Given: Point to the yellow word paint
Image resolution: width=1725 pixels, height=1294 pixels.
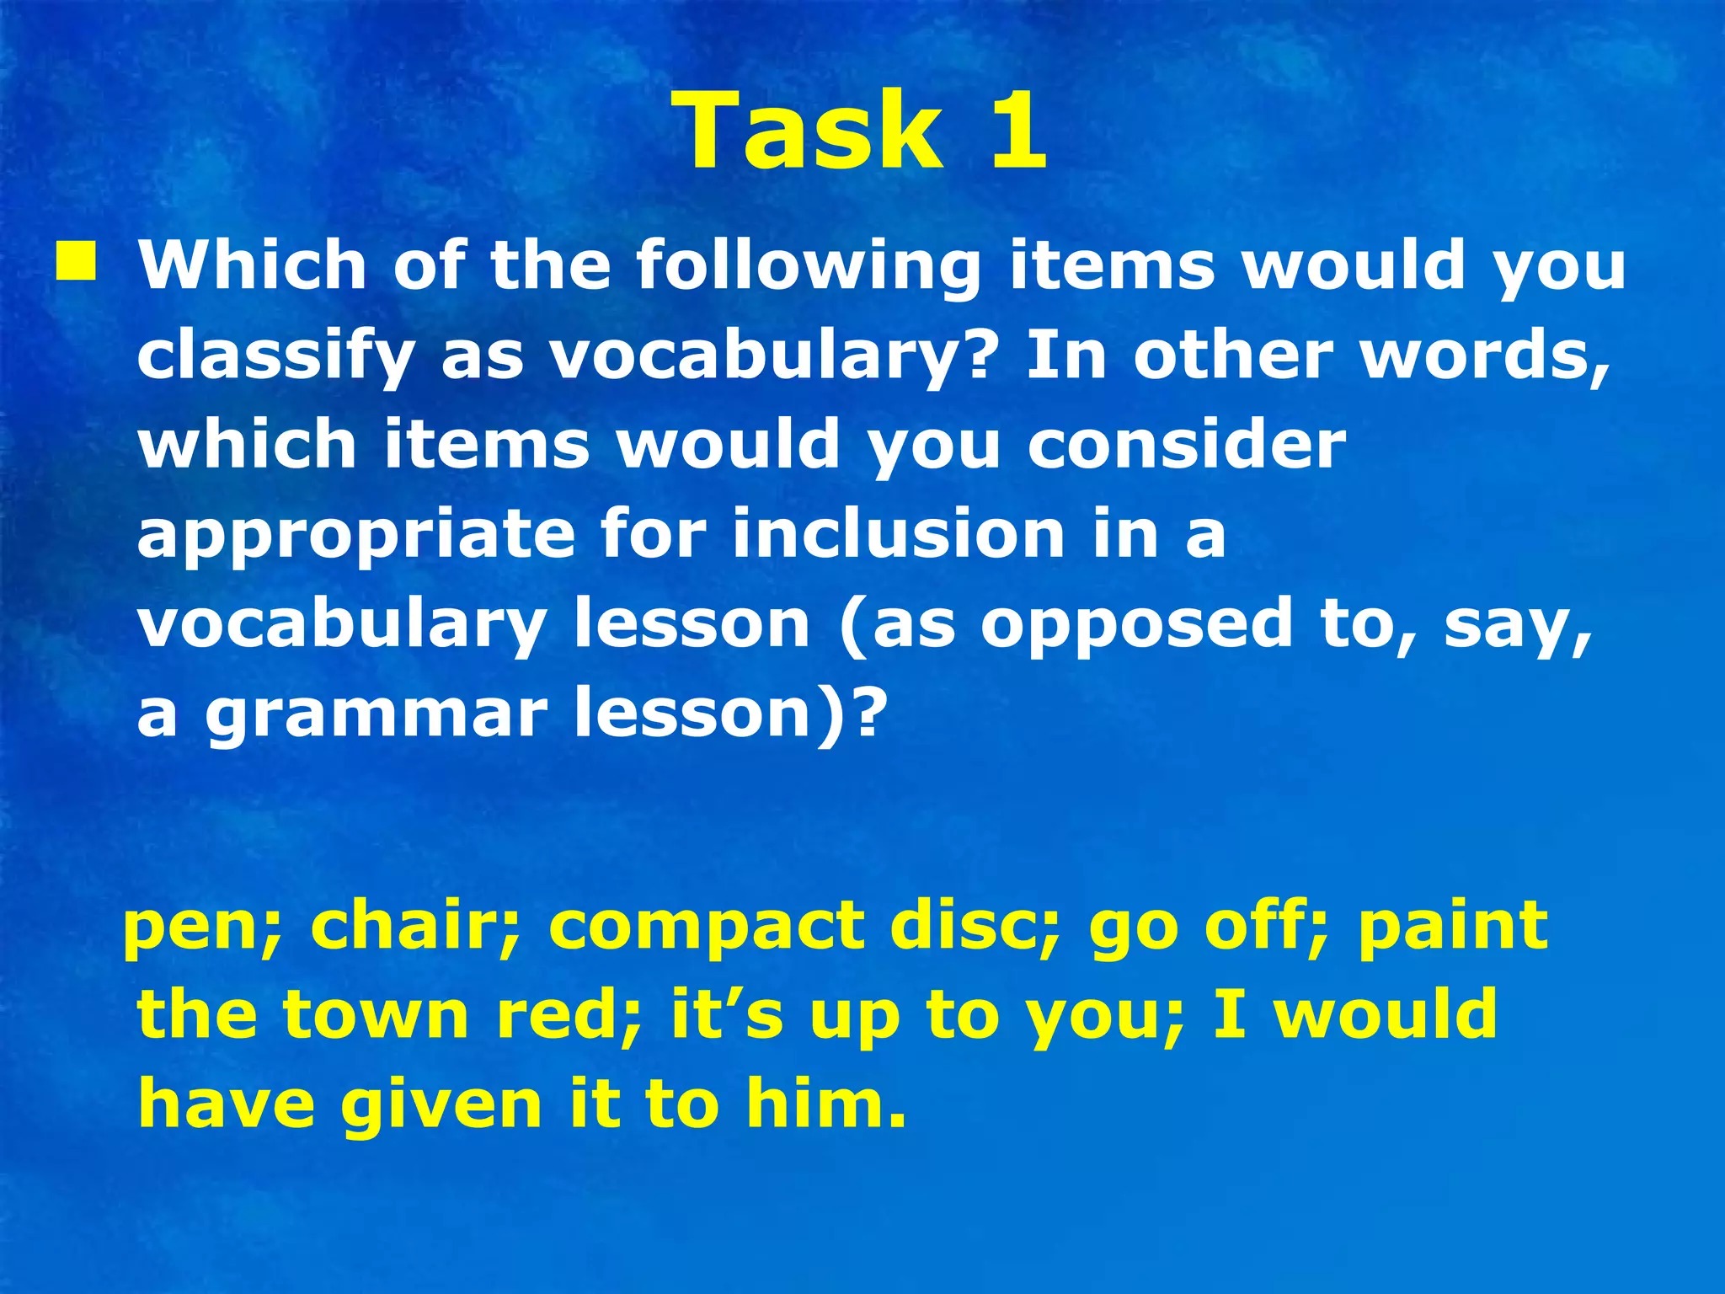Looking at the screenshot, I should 1453,925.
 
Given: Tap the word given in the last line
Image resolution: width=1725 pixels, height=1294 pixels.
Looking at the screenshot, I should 441,1105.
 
